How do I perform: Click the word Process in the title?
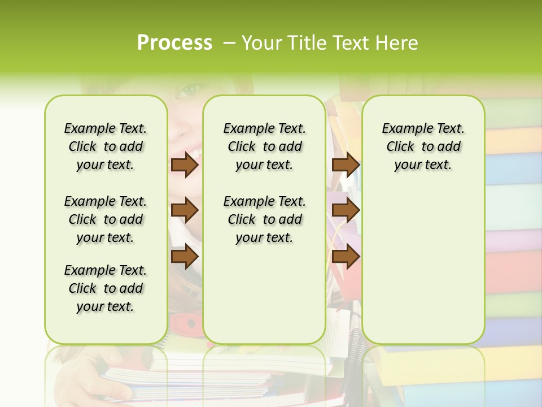click(x=174, y=42)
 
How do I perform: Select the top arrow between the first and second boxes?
click(x=184, y=164)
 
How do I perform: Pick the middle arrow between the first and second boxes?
click(x=184, y=210)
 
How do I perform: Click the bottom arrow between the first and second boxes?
click(x=184, y=257)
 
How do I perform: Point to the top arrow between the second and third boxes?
click(x=346, y=164)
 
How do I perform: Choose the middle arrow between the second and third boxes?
click(x=346, y=210)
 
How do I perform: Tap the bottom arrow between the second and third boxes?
click(x=346, y=257)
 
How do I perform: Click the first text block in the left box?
click(x=106, y=146)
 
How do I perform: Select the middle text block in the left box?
click(x=106, y=219)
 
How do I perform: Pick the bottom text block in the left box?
click(x=106, y=288)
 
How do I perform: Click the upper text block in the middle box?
click(x=264, y=146)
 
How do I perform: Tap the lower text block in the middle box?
click(x=264, y=219)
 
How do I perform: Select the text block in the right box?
click(x=423, y=146)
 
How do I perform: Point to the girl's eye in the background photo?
click(x=191, y=89)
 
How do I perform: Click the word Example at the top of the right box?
click(x=403, y=128)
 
